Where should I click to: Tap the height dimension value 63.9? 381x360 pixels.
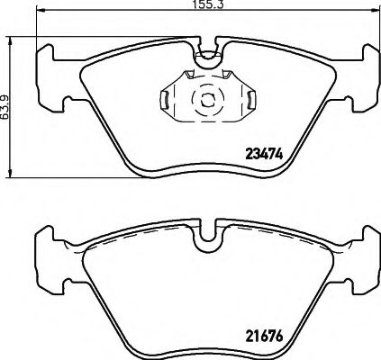(5, 107)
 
